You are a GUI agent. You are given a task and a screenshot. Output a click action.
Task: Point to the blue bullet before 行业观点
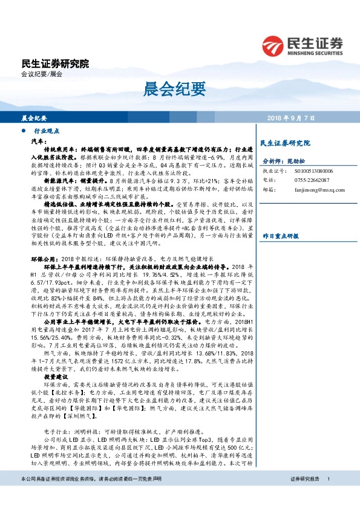(23, 131)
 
